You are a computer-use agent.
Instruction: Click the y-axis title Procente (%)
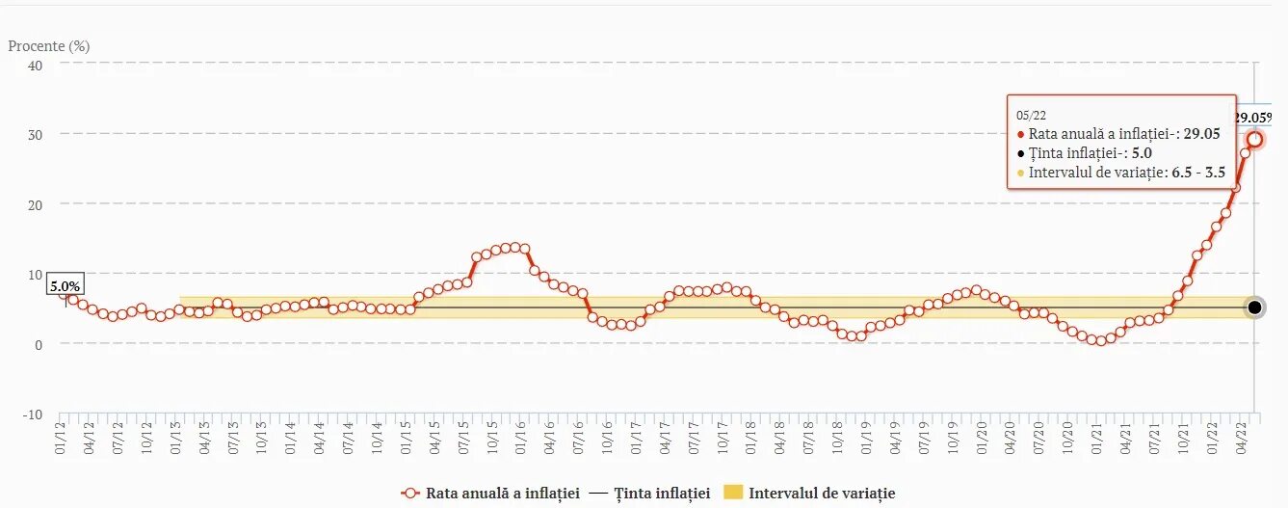point(48,45)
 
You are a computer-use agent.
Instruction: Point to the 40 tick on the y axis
point(35,65)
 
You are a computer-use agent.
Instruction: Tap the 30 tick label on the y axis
point(35,134)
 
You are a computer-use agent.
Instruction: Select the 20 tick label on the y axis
point(35,204)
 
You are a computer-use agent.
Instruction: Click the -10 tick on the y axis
point(32,414)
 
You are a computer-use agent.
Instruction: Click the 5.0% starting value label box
point(65,285)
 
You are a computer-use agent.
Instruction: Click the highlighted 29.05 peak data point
point(1254,139)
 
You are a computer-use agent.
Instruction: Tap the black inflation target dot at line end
point(1254,307)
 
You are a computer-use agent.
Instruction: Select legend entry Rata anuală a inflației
point(490,493)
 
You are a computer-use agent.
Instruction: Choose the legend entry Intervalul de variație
point(822,493)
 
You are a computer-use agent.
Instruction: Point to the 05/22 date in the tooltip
point(1029,116)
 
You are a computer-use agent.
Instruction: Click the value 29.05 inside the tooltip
point(1201,134)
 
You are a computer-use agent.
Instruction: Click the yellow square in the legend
point(734,493)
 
